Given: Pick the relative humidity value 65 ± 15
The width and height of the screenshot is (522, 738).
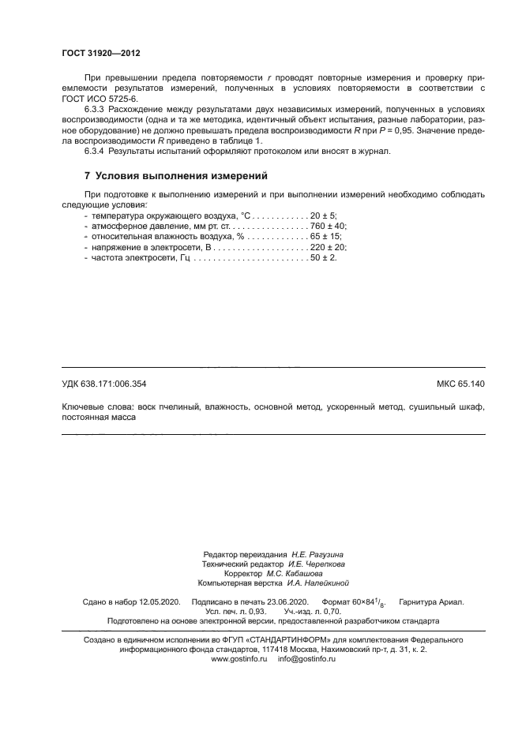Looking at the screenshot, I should coord(326,236).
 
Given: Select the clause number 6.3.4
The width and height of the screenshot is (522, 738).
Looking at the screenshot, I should coord(96,151).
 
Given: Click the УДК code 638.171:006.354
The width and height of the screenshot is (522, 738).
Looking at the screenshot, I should coord(116,384).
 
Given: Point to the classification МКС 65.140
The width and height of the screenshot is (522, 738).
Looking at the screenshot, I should coord(460,384).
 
